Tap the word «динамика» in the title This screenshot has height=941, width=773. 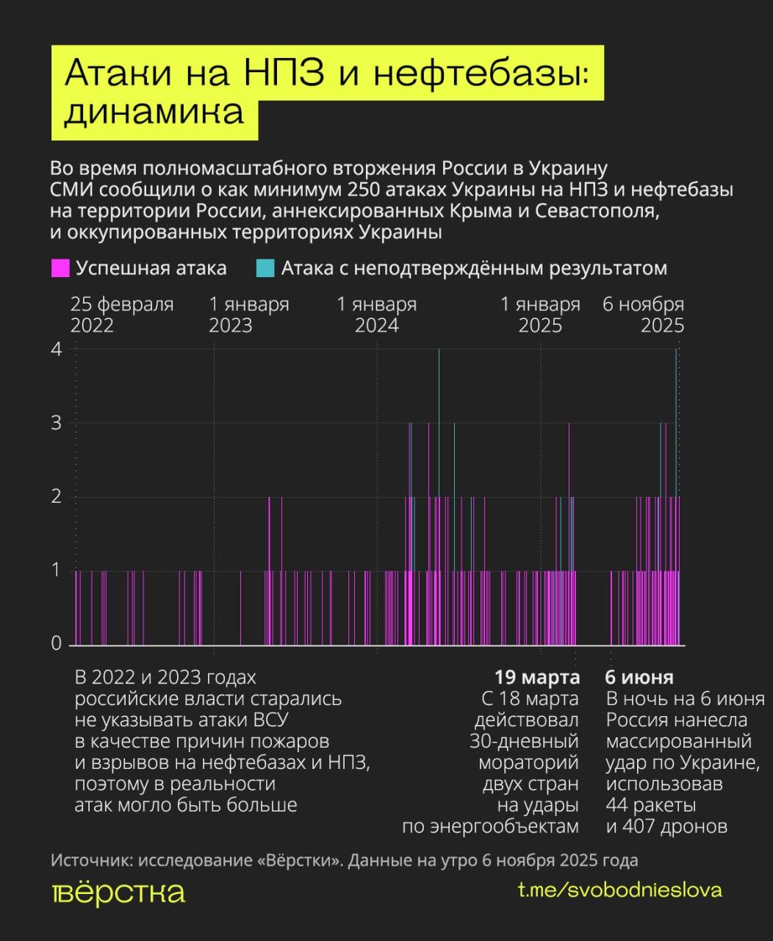[154, 112]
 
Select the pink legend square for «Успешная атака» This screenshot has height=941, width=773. [60, 268]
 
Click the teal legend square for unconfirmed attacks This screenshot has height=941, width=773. [265, 268]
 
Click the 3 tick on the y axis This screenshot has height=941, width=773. [57, 423]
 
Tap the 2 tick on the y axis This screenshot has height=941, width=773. [57, 497]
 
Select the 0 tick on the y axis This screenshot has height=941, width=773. [57, 644]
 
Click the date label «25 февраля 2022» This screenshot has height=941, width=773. [122, 315]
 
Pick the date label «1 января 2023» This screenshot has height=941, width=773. [249, 315]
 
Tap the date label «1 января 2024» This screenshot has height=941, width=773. [377, 315]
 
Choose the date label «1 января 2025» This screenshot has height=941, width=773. [540, 315]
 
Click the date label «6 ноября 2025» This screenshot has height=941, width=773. [644, 315]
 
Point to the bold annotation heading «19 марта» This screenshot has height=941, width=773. [536, 677]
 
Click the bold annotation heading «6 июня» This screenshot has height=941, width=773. [639, 677]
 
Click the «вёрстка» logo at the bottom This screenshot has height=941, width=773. [118, 892]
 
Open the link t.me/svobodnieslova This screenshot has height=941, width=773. [619, 890]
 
